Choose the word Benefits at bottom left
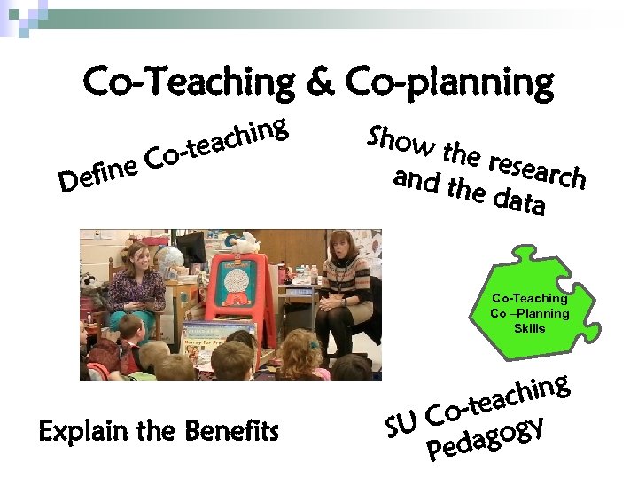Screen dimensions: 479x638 click(231, 432)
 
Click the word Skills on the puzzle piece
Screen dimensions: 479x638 click(530, 328)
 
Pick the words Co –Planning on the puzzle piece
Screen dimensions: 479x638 click(530, 313)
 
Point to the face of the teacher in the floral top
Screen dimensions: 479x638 click(142, 256)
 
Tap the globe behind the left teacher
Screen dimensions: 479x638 click(172, 256)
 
